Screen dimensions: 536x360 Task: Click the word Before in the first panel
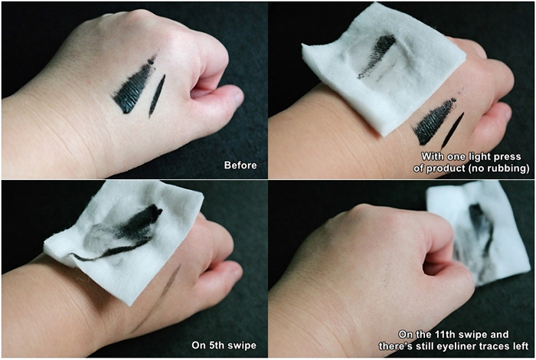tap(240, 165)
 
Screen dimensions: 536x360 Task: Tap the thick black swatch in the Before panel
tap(133, 87)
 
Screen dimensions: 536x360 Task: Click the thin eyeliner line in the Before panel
tap(157, 96)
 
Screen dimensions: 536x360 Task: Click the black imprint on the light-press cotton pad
tap(377, 56)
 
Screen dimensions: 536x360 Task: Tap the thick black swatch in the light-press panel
tap(433, 121)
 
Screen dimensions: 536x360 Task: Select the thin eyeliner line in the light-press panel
tap(453, 131)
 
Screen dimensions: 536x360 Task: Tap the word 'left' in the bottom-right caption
tap(520, 346)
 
